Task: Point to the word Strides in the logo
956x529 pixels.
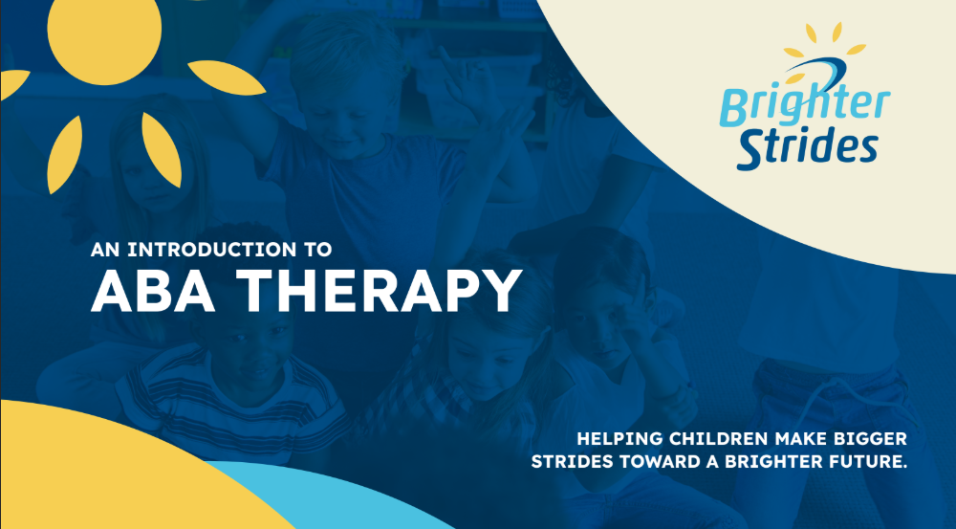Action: (807, 145)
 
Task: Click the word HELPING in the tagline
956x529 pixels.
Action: (619, 439)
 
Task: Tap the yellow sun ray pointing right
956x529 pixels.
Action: (227, 78)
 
